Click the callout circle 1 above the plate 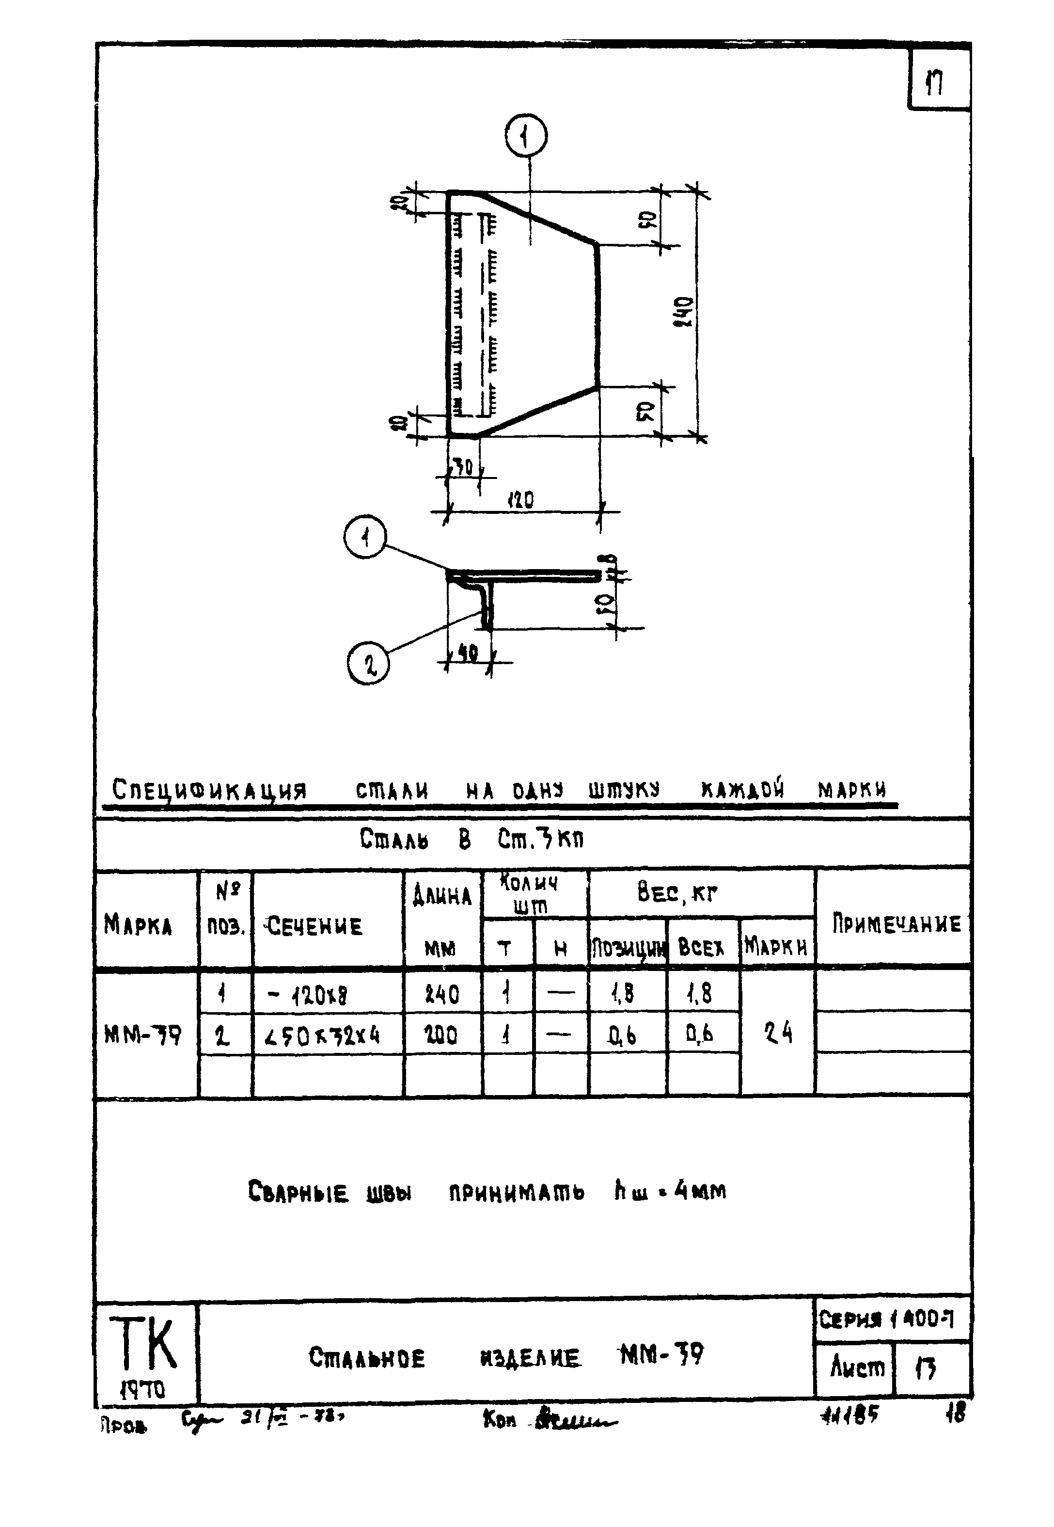click(526, 136)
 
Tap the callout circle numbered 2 click(368, 664)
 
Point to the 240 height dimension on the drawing click(685, 312)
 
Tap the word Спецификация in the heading click(209, 790)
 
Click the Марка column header click(138, 924)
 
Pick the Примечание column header click(896, 923)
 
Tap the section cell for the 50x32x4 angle click(324, 1034)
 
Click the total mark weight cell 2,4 click(778, 1033)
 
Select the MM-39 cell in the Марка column click(142, 1035)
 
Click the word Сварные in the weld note click(298, 1192)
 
